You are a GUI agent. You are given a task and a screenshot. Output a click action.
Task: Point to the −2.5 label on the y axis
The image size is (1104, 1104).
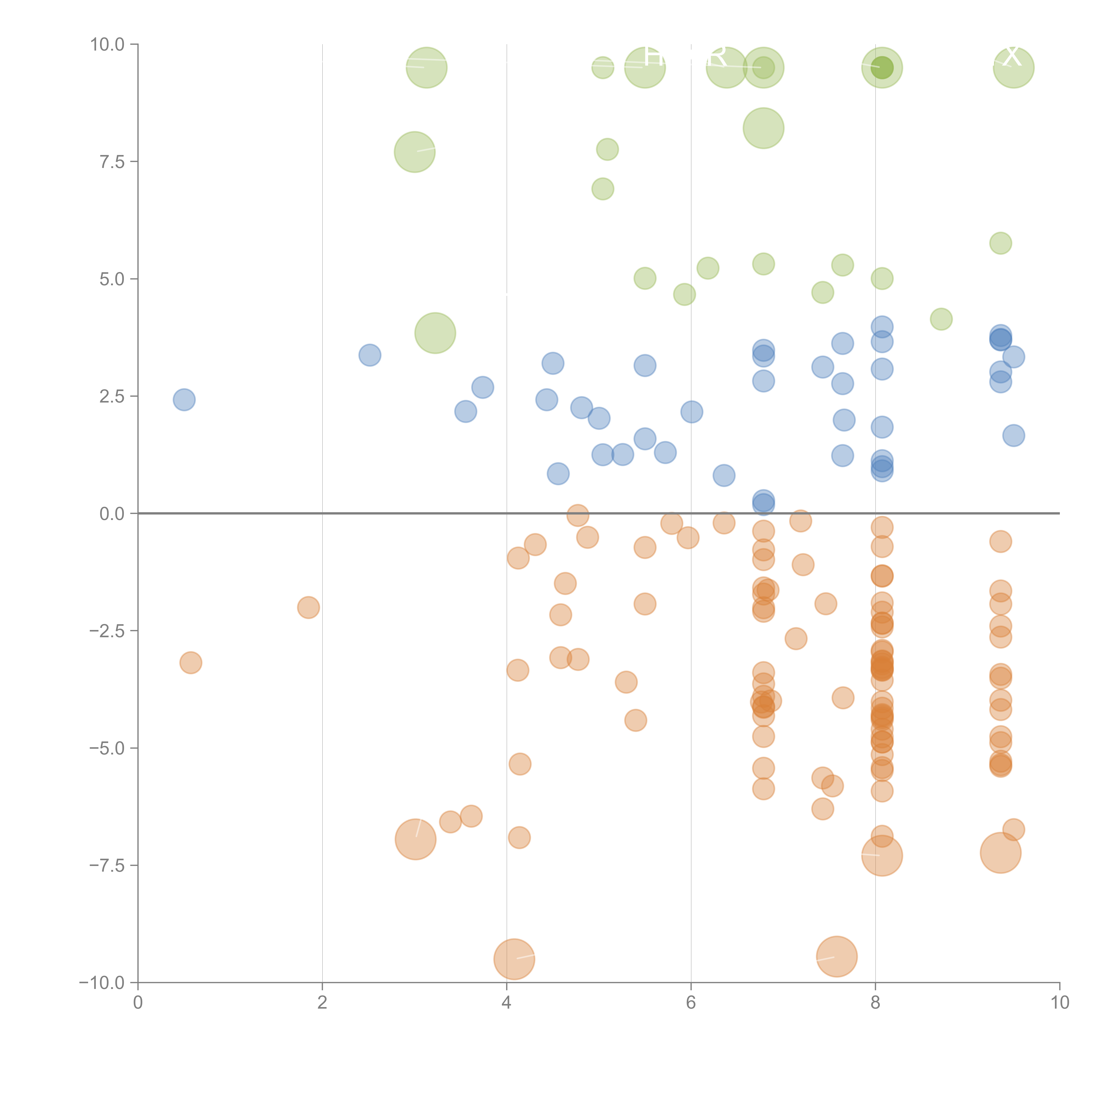tap(107, 631)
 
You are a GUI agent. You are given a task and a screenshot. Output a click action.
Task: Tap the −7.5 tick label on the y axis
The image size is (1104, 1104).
tap(107, 865)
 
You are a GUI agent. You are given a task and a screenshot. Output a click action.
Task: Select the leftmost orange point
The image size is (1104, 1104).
tap(191, 663)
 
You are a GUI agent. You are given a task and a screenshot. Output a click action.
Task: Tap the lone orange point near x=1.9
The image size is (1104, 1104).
tap(309, 607)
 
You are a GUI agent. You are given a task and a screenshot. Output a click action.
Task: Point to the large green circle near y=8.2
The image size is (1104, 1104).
tap(764, 128)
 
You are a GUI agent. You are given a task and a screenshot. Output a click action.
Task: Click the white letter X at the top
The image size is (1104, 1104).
tap(1012, 56)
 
